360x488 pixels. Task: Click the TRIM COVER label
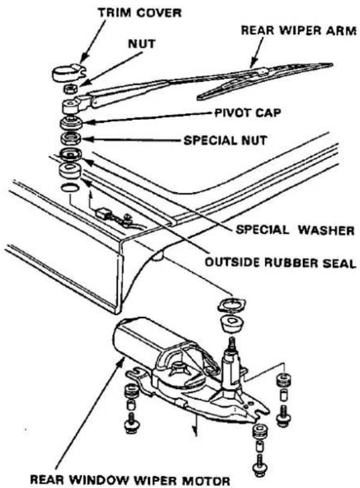click(x=140, y=13)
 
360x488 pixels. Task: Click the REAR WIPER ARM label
click(x=299, y=31)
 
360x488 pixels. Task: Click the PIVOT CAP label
click(x=248, y=112)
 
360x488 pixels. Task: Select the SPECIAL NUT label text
click(x=225, y=140)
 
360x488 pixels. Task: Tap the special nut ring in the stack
click(x=71, y=138)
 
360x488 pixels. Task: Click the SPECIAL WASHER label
click(x=295, y=230)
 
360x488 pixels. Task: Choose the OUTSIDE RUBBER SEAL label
click(x=280, y=263)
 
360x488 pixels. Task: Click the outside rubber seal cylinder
click(x=70, y=170)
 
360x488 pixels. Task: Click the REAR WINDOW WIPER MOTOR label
click(x=130, y=480)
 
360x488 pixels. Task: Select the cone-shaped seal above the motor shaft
click(x=231, y=325)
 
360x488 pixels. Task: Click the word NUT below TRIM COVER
click(x=141, y=44)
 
